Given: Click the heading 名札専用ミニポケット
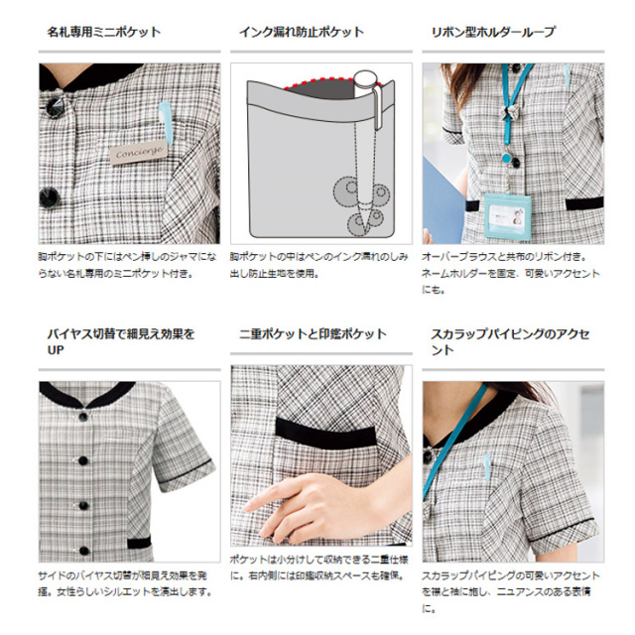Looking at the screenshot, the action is coord(104,32).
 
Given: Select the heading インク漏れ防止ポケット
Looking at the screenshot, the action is coord(302,32).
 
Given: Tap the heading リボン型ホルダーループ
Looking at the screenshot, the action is coord(493,32).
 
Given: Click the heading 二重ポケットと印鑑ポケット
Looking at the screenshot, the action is coord(313,334).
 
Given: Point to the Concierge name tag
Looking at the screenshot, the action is coord(139,153).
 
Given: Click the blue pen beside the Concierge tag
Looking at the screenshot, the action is coord(166,121).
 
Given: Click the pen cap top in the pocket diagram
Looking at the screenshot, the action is coord(365,77).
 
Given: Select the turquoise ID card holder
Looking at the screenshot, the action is coord(507,216).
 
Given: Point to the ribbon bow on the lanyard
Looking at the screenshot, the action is coord(509,112).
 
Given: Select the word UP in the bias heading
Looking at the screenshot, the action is coord(56,350).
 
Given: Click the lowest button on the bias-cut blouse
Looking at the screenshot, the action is coord(83,551).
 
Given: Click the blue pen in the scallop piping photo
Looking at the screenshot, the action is coord(487,466).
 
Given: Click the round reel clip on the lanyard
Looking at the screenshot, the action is coord(506,158).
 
